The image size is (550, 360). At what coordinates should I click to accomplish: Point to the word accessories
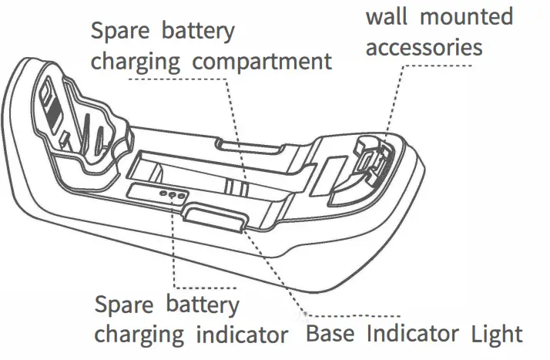pyautogui.click(x=424, y=48)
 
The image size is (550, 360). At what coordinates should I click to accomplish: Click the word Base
pyautogui.click(x=331, y=335)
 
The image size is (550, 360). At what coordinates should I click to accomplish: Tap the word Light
pyautogui.click(x=495, y=335)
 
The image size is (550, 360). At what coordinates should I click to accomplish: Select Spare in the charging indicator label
pyautogui.click(x=122, y=304)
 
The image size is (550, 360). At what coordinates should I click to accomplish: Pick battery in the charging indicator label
pyautogui.click(x=202, y=304)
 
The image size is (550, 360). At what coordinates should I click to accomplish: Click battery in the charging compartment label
pyautogui.click(x=198, y=32)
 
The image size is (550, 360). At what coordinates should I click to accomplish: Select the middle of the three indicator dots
pyautogui.click(x=173, y=194)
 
